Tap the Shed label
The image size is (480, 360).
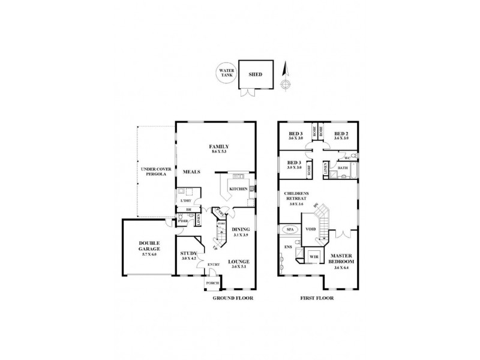[x=255, y=76]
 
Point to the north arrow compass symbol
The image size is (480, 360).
[x=286, y=75]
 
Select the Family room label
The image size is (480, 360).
[x=218, y=147]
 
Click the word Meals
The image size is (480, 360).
[x=191, y=172]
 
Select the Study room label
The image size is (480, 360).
[x=188, y=254]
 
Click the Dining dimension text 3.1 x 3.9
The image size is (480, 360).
[x=240, y=235]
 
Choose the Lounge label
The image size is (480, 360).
[x=239, y=262]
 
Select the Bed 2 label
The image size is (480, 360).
[x=341, y=133]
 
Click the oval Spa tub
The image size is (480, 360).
[x=289, y=230]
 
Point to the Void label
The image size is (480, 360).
[x=311, y=229]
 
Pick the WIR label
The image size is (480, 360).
[x=313, y=256]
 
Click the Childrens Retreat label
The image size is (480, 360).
[x=298, y=196]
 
